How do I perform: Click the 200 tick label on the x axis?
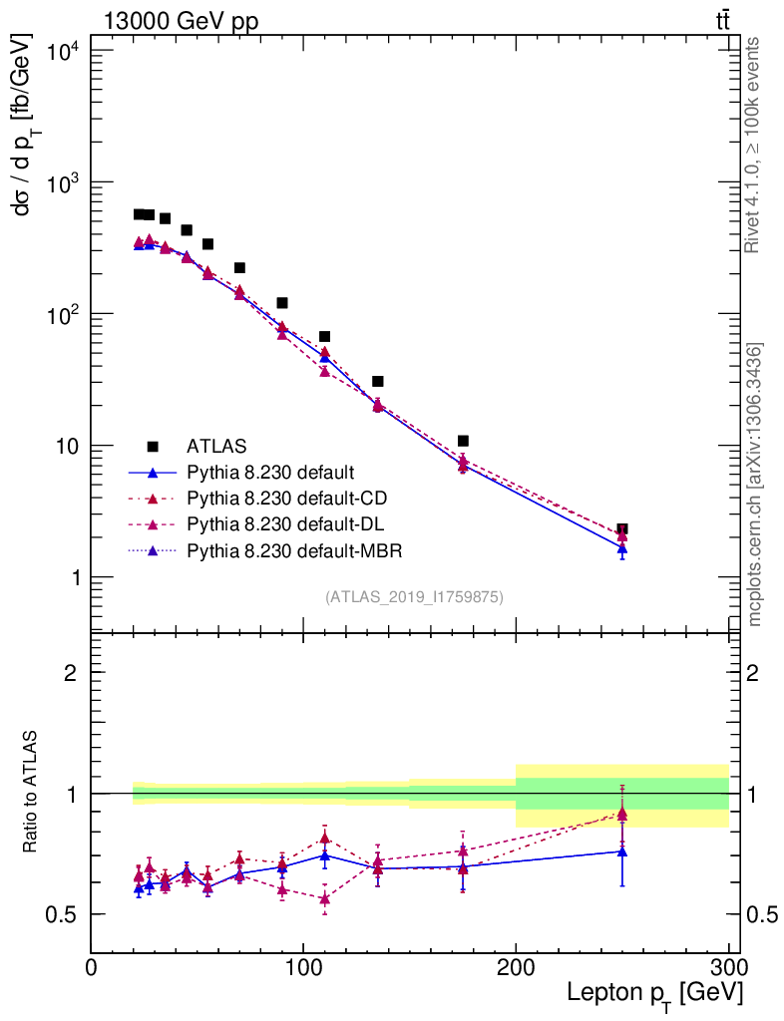[516, 968]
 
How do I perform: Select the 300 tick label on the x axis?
[727, 968]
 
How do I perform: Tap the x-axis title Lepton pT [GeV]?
[654, 993]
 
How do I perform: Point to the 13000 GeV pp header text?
[181, 22]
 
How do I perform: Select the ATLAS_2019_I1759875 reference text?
[414, 597]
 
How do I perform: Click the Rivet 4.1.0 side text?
[753, 145]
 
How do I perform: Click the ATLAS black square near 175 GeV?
[463, 441]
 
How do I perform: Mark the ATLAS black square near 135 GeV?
[378, 381]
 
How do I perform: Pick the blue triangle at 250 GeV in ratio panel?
[622, 851]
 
